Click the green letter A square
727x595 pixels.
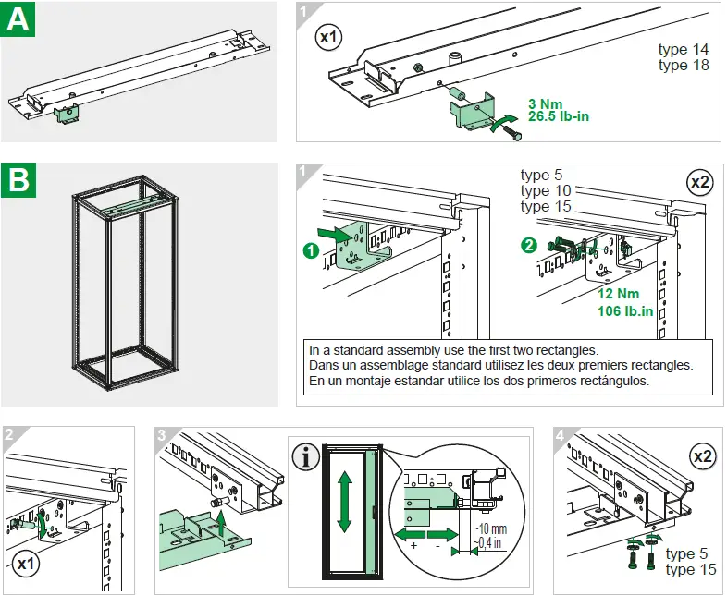[x=18, y=19]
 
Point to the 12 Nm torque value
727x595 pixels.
[x=619, y=294]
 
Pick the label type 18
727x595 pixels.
[x=684, y=65]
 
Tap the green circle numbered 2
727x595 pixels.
[x=528, y=245]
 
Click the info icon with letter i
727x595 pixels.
[x=305, y=456]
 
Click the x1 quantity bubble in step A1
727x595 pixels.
[x=328, y=38]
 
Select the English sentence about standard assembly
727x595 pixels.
[x=453, y=350]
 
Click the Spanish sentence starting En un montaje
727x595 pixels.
[x=479, y=380]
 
